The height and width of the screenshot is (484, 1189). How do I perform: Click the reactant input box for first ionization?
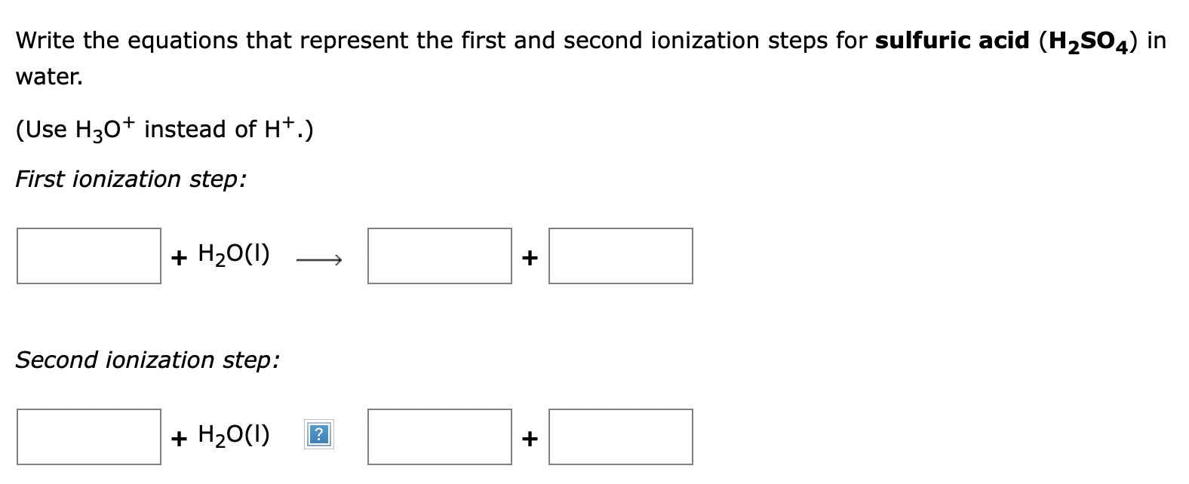88,256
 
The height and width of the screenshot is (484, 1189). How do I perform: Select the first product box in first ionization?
440,256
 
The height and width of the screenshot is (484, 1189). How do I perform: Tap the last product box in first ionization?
620,256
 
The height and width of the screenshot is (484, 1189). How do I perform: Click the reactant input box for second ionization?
88,437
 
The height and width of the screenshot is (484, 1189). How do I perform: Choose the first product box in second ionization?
440,437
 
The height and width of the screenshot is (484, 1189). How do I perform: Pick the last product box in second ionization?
620,437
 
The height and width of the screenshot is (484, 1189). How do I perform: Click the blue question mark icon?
319,435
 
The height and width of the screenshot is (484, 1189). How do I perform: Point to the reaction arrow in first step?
319,259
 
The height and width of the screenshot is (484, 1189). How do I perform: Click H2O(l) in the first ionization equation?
234,255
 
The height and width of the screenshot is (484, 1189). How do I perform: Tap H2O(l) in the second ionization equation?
234,435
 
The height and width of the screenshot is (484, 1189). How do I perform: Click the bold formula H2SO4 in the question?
1089,42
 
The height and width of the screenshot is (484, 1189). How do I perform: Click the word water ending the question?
49,77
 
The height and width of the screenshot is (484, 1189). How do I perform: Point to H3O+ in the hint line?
105,130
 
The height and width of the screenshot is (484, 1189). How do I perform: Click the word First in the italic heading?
40,179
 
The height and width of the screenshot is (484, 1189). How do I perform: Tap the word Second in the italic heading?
57,360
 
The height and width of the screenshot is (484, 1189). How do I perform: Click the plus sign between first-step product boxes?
530,258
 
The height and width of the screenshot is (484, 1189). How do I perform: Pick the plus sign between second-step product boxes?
530,439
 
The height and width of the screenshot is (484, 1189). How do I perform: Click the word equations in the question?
183,41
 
